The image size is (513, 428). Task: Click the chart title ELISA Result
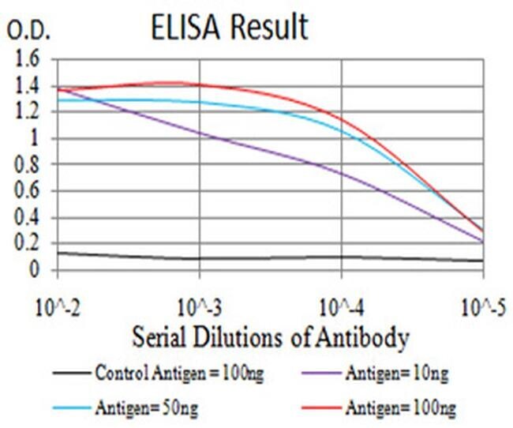[230, 28]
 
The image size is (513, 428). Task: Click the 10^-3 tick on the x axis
[199, 305]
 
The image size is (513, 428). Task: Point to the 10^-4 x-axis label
[341, 305]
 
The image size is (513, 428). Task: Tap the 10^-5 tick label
[482, 305]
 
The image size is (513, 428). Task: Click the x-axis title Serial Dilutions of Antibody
[271, 338]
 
